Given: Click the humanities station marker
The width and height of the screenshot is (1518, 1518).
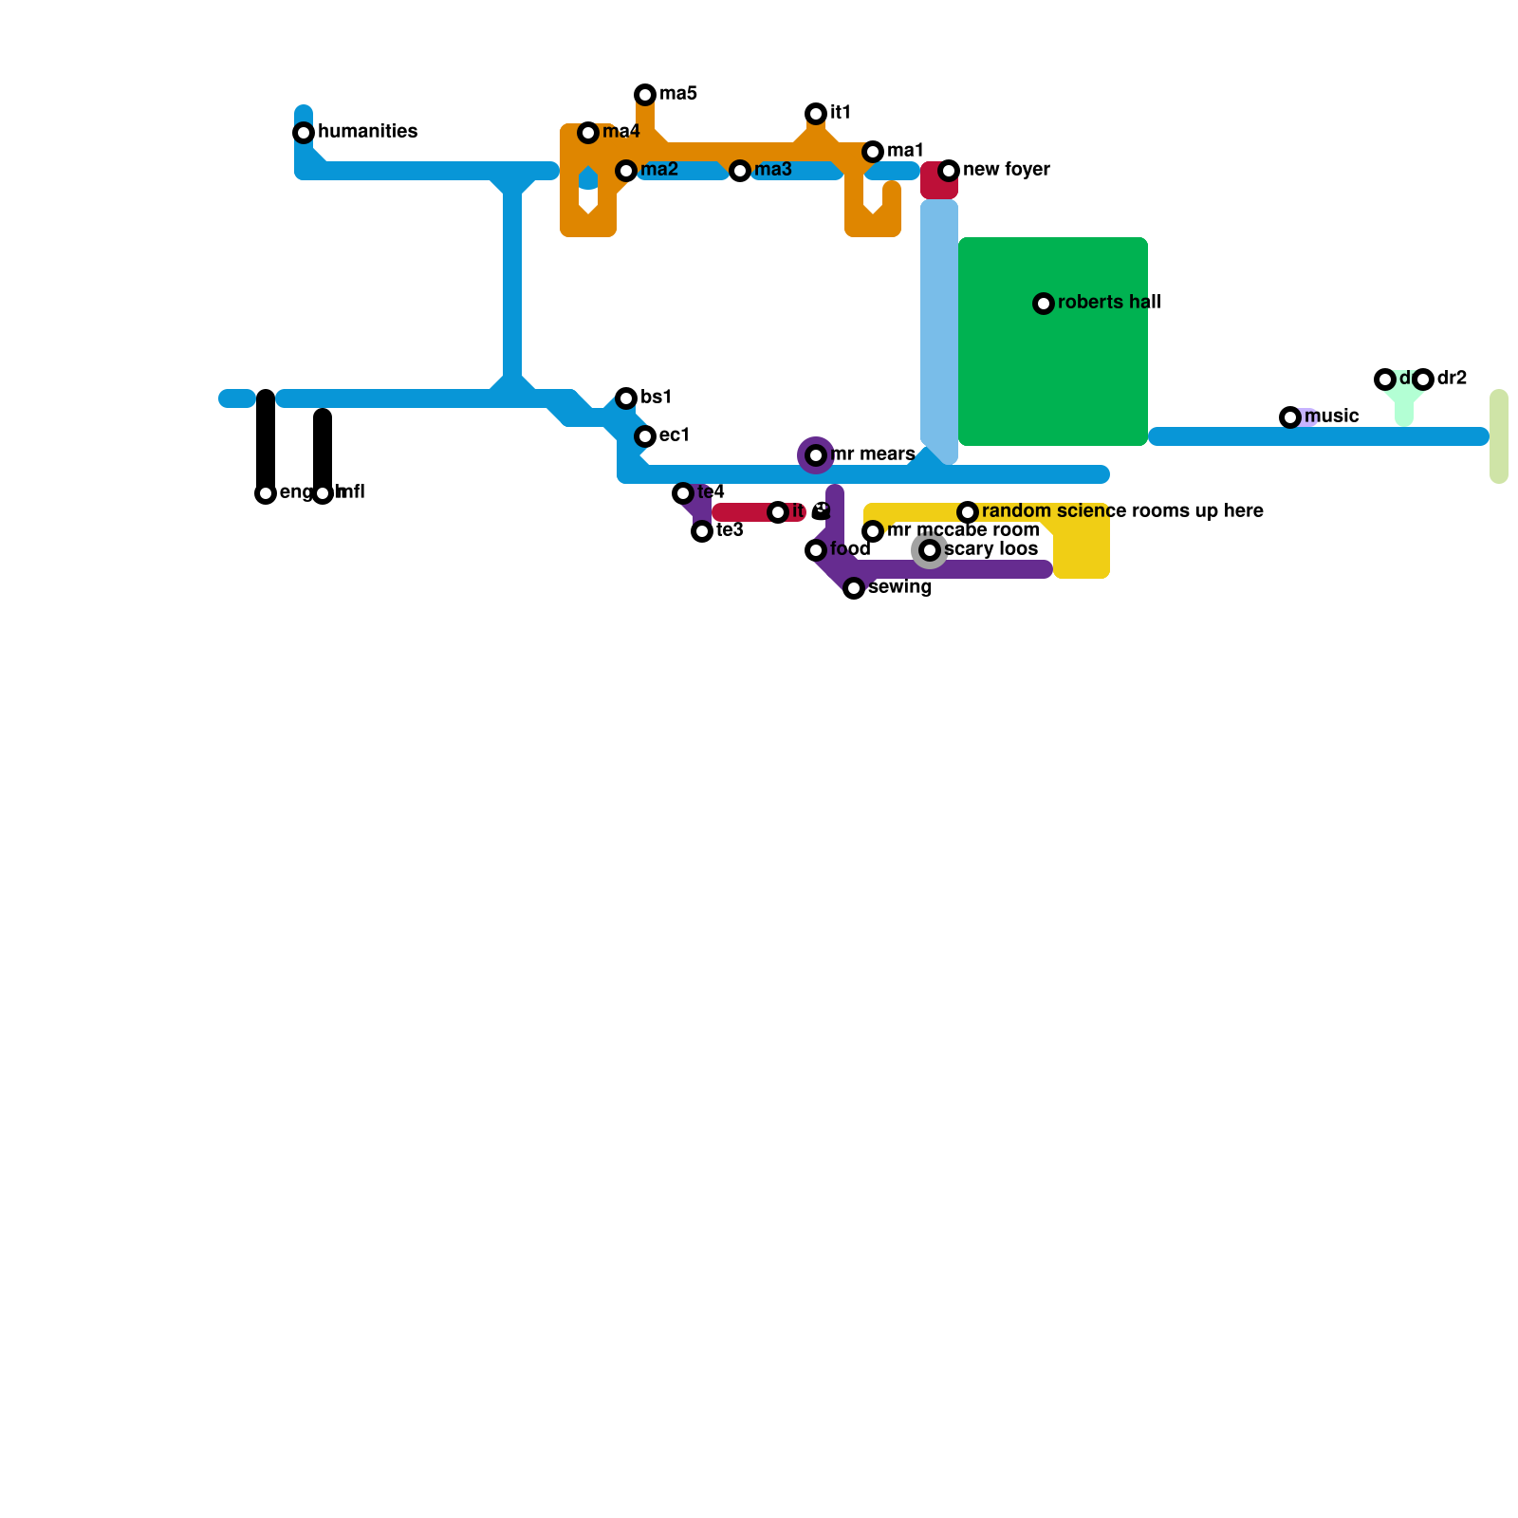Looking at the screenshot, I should pyautogui.click(x=304, y=133).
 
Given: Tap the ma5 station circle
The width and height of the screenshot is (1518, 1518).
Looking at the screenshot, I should pyautogui.click(x=645, y=95).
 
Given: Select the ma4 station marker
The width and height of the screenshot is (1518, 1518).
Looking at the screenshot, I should pyautogui.click(x=588, y=133).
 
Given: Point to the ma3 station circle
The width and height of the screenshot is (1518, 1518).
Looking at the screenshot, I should pyautogui.click(x=740, y=171).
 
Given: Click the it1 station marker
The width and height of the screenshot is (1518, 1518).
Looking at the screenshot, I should pyautogui.click(x=816, y=114).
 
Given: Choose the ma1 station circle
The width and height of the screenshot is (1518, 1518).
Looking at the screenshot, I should pyautogui.click(x=873, y=152).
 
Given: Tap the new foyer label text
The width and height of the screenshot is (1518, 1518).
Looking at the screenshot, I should pyautogui.click(x=1006, y=170).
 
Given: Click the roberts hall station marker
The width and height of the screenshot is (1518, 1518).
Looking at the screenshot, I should pyautogui.click(x=1044, y=304).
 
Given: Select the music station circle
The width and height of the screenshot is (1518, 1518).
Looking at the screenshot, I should pyautogui.click(x=1290, y=417).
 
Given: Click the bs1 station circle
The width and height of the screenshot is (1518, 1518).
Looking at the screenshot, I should pyautogui.click(x=626, y=398).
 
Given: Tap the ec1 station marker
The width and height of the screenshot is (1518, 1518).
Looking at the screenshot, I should pyautogui.click(x=645, y=436).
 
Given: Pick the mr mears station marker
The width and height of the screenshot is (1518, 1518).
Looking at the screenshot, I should pyautogui.click(x=816, y=455).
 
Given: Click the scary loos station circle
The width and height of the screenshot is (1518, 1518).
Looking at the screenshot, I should pyautogui.click(x=930, y=550).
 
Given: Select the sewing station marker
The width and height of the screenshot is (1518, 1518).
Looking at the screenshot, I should pyautogui.click(x=854, y=588).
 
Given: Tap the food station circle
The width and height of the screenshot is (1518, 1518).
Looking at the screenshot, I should pyautogui.click(x=816, y=550).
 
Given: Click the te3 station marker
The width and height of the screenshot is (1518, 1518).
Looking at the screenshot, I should pyautogui.click(x=702, y=531).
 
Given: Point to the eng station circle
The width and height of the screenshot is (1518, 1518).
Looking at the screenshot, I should pyautogui.click(x=266, y=493).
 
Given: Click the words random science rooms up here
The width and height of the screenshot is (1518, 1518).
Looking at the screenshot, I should pyautogui.click(x=1122, y=511).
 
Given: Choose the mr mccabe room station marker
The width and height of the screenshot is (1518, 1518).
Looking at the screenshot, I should pyautogui.click(x=873, y=531).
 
